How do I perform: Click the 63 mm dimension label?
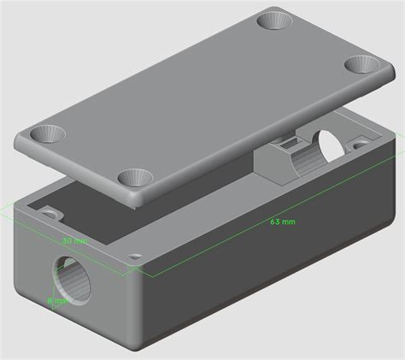pyautogui.click(x=282, y=222)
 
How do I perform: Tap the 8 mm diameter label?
pyautogui.click(x=56, y=300)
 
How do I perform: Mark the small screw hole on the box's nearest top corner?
pyautogui.click(x=135, y=256)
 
